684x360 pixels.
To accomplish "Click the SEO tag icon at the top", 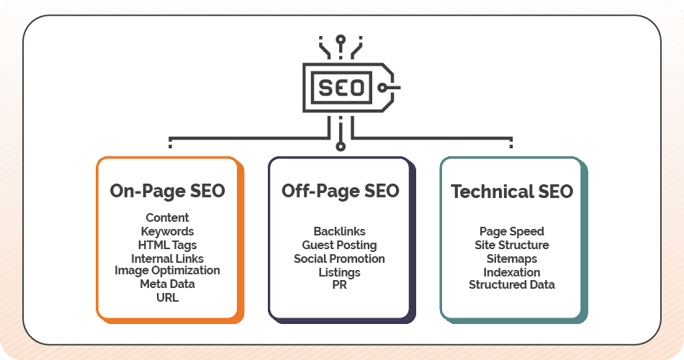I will (x=342, y=88).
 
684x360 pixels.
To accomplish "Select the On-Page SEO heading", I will (x=167, y=191).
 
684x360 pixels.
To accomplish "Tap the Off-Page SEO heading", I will (x=340, y=191).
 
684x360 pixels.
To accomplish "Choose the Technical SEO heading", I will (x=512, y=192).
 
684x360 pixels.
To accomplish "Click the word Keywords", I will (x=167, y=231).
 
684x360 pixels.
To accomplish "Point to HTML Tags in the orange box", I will (x=167, y=245).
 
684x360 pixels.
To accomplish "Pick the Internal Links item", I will (x=167, y=258).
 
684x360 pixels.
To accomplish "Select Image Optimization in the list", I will (x=167, y=271).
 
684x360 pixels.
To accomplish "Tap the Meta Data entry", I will (x=167, y=284).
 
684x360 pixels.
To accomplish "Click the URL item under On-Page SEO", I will (x=167, y=297).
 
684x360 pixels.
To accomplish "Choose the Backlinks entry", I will (x=339, y=231).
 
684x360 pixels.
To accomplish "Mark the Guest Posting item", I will (x=339, y=245).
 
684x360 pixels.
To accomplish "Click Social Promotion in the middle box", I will (x=339, y=258).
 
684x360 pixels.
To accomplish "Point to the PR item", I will (x=339, y=285).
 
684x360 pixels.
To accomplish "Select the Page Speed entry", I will (x=512, y=231).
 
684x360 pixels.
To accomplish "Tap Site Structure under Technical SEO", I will (x=512, y=245).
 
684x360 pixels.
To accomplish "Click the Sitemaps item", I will (x=512, y=258).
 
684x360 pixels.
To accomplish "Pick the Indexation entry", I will (x=512, y=272).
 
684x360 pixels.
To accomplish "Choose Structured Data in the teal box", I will (x=512, y=284).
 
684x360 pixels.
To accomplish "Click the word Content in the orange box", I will (x=167, y=217).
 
